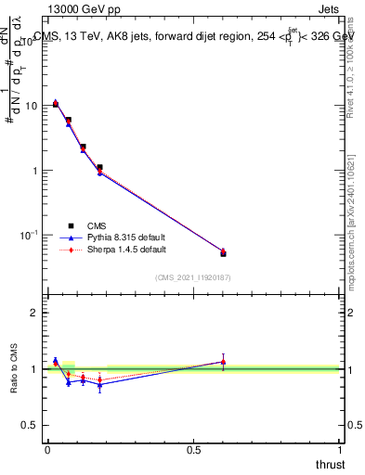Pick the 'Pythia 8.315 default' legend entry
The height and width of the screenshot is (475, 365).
click(120, 237)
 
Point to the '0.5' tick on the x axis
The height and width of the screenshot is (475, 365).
click(193, 451)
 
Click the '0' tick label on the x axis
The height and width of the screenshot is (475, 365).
click(47, 451)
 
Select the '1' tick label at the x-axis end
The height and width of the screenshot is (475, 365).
click(340, 451)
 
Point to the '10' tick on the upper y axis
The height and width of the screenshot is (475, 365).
click(31, 106)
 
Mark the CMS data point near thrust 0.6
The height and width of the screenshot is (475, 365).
click(223, 253)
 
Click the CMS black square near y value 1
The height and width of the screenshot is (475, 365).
click(99, 168)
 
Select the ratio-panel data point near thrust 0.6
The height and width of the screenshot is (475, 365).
click(223, 362)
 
